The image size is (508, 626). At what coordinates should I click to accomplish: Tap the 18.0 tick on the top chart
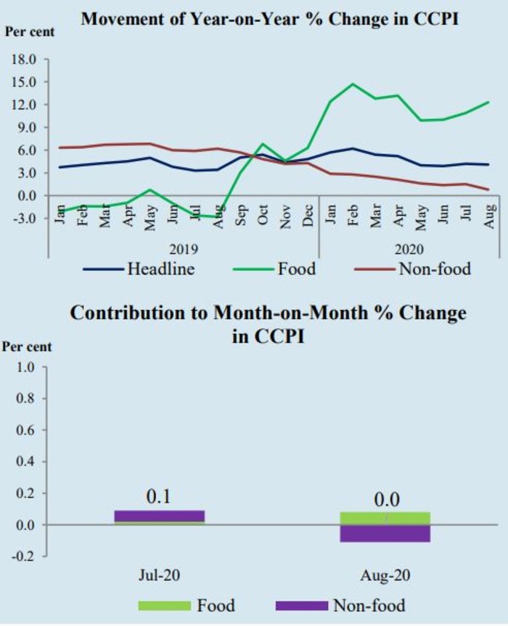tap(24, 60)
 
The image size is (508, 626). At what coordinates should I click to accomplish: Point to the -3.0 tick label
tap(24, 219)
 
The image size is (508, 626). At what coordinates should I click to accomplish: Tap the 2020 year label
tap(408, 248)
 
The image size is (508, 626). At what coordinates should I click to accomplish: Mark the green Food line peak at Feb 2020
tap(353, 84)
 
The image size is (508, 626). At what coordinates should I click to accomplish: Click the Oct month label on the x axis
tap(264, 217)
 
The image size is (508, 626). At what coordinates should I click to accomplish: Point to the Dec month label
tap(308, 217)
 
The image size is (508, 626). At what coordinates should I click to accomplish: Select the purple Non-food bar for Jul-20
tap(160, 516)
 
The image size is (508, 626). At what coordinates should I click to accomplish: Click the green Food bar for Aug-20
tap(385, 518)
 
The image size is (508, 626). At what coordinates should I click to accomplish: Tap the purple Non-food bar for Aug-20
tap(385, 533)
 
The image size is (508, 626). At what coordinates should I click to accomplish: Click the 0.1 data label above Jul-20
tap(160, 497)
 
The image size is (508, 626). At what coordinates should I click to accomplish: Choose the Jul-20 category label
tap(160, 575)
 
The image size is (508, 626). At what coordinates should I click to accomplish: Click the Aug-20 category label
tap(385, 575)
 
